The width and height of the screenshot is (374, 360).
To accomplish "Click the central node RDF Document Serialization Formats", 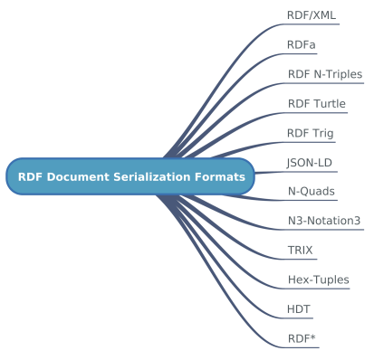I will point(131,176).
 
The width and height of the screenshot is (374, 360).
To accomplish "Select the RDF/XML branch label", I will point(312,15).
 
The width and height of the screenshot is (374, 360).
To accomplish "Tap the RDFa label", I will point(302,44).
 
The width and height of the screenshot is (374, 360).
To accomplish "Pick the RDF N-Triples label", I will point(325,74).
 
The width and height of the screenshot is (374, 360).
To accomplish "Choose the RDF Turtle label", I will point(317,104).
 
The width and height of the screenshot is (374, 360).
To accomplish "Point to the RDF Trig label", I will point(311,134).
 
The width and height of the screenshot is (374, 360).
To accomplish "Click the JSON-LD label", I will point(310,163).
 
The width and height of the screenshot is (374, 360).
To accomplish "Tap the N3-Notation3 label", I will point(324,221).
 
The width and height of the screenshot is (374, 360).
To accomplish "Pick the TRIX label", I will point(301,251).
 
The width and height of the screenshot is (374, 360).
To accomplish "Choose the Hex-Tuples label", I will point(319,280).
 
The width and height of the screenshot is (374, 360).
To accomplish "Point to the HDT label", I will point(299,309).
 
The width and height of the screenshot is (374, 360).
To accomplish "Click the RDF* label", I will point(302,339).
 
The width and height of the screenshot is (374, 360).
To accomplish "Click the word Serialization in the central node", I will point(154,176).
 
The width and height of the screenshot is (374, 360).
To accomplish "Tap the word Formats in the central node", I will point(220,176).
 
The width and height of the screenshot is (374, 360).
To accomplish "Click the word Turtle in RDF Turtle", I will point(330,104).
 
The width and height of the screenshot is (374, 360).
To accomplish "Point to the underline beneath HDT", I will point(300,319).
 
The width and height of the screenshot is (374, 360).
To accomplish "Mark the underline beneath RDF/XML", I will point(312,25).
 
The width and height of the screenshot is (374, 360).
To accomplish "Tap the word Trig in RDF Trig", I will point(323,134).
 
